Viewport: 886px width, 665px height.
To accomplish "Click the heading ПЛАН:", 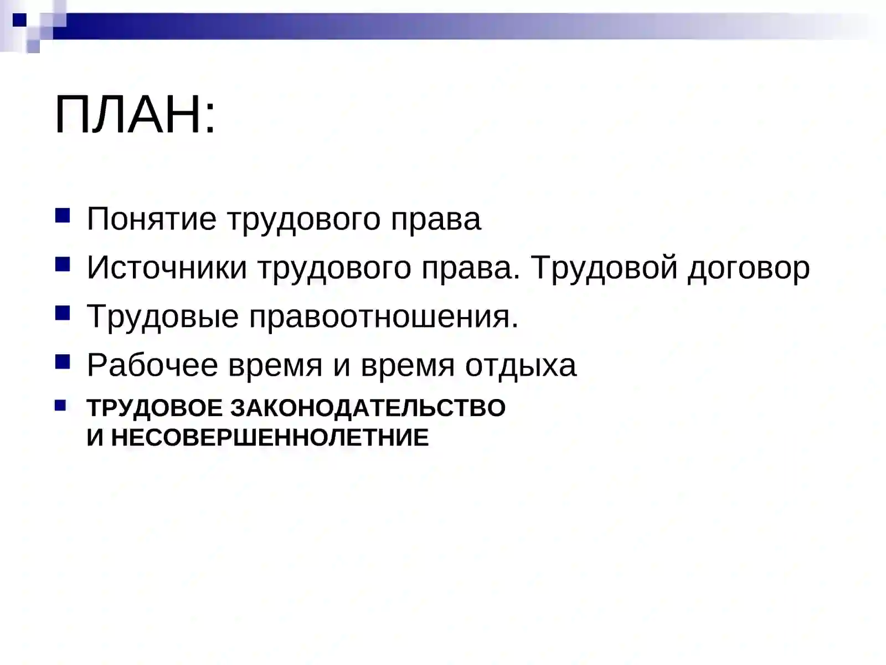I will coord(135,115).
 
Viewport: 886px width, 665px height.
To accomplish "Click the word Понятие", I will coord(151,219).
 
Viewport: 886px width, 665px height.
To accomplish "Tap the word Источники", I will coord(167,268).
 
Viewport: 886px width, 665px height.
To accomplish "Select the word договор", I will coord(749,268).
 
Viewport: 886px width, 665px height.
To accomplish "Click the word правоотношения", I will coord(383,316).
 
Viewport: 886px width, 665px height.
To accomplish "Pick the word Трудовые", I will coord(162,316).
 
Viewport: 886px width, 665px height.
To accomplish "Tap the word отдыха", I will coord(521,365).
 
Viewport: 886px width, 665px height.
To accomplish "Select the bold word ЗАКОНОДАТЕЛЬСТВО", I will coord(368,408).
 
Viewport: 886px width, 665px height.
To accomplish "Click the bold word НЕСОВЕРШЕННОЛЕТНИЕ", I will coord(270,438).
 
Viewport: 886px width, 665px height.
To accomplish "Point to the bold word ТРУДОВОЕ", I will coord(154,408).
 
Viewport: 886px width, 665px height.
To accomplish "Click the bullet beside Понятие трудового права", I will coord(63,215).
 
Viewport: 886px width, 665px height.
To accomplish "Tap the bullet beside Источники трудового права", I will coord(63,264).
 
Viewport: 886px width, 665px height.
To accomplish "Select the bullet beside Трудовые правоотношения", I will coord(63,313).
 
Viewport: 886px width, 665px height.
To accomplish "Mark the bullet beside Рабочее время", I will coord(63,361).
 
